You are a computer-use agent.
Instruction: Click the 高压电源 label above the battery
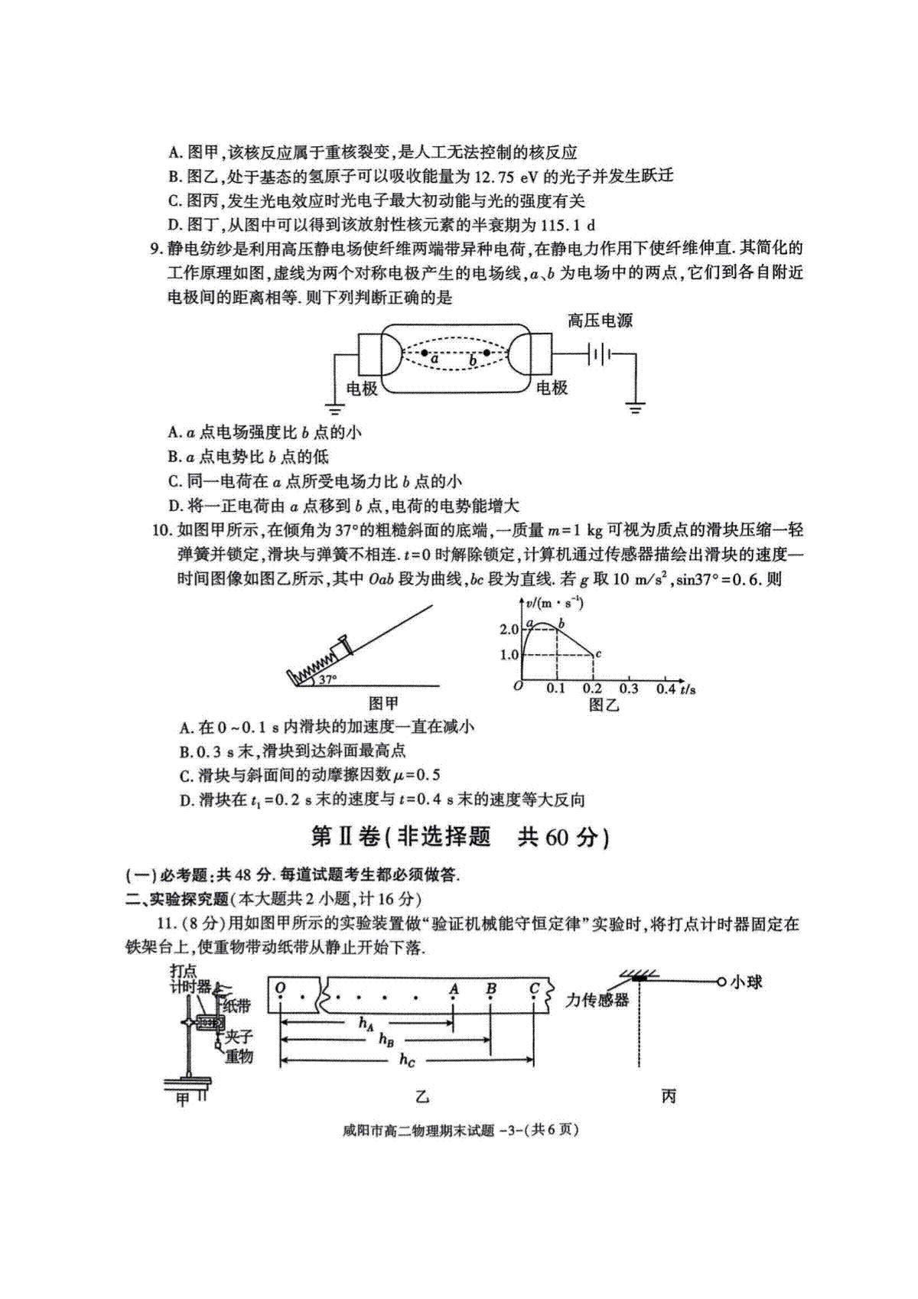click(x=600, y=320)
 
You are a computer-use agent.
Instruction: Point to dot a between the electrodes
click(x=425, y=353)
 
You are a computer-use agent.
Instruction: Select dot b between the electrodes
click(x=487, y=353)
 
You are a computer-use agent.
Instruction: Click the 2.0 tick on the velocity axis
click(x=508, y=630)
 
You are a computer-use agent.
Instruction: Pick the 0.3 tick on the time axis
click(x=628, y=689)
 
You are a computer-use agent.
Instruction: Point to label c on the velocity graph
click(x=598, y=653)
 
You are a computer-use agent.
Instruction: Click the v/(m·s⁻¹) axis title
click(x=555, y=603)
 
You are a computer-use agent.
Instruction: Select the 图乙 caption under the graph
click(x=604, y=705)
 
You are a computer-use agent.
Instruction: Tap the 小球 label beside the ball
click(x=747, y=982)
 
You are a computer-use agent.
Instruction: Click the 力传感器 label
click(x=597, y=1001)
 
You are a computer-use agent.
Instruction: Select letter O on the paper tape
click(x=280, y=988)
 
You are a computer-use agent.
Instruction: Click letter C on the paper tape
click(x=534, y=988)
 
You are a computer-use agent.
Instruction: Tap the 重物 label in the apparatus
click(x=239, y=1056)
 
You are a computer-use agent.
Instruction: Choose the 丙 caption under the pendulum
click(x=669, y=1096)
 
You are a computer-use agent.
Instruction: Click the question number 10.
click(x=161, y=530)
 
